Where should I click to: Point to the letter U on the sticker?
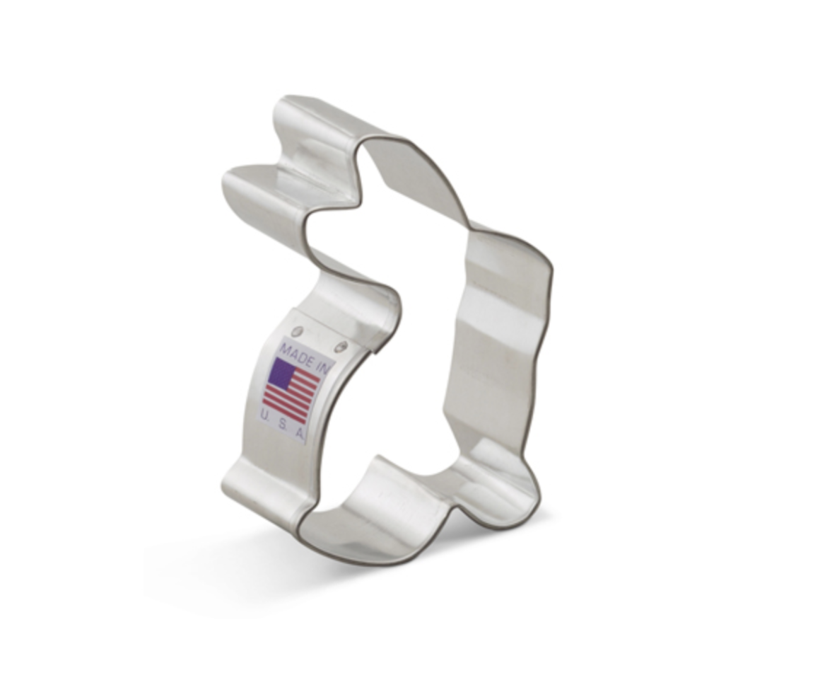click(265, 414)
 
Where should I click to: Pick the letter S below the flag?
click(283, 422)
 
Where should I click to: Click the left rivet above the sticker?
click(299, 331)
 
